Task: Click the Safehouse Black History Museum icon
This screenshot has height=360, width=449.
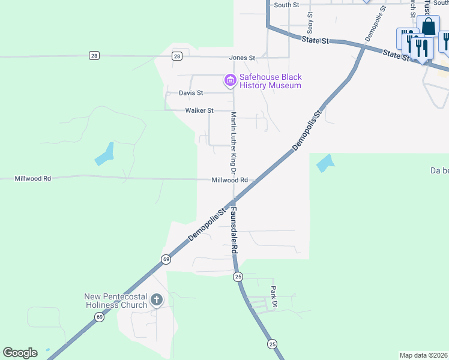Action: tap(229, 80)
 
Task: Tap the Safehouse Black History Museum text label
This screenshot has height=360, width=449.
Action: tap(270, 81)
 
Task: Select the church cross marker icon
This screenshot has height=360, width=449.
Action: tap(157, 299)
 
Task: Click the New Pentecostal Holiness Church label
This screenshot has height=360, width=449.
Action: tap(116, 301)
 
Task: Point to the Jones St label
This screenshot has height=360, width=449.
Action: tap(242, 58)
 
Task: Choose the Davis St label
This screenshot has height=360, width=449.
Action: tap(191, 93)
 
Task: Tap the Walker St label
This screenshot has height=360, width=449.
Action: tap(199, 110)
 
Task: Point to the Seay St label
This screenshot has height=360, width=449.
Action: tap(310, 23)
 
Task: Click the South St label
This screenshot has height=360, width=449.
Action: tap(286, 5)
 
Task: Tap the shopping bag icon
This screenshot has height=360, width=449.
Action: tap(428, 26)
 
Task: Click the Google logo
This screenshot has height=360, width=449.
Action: tap(20, 353)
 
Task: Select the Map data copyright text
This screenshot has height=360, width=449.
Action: tap(424, 355)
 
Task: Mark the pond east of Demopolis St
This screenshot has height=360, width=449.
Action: tap(325, 163)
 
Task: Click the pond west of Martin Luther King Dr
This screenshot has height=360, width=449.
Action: tap(104, 154)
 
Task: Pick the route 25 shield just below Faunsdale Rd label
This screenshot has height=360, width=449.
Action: tap(238, 276)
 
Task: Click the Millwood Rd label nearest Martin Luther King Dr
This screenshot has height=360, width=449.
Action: tap(229, 180)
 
